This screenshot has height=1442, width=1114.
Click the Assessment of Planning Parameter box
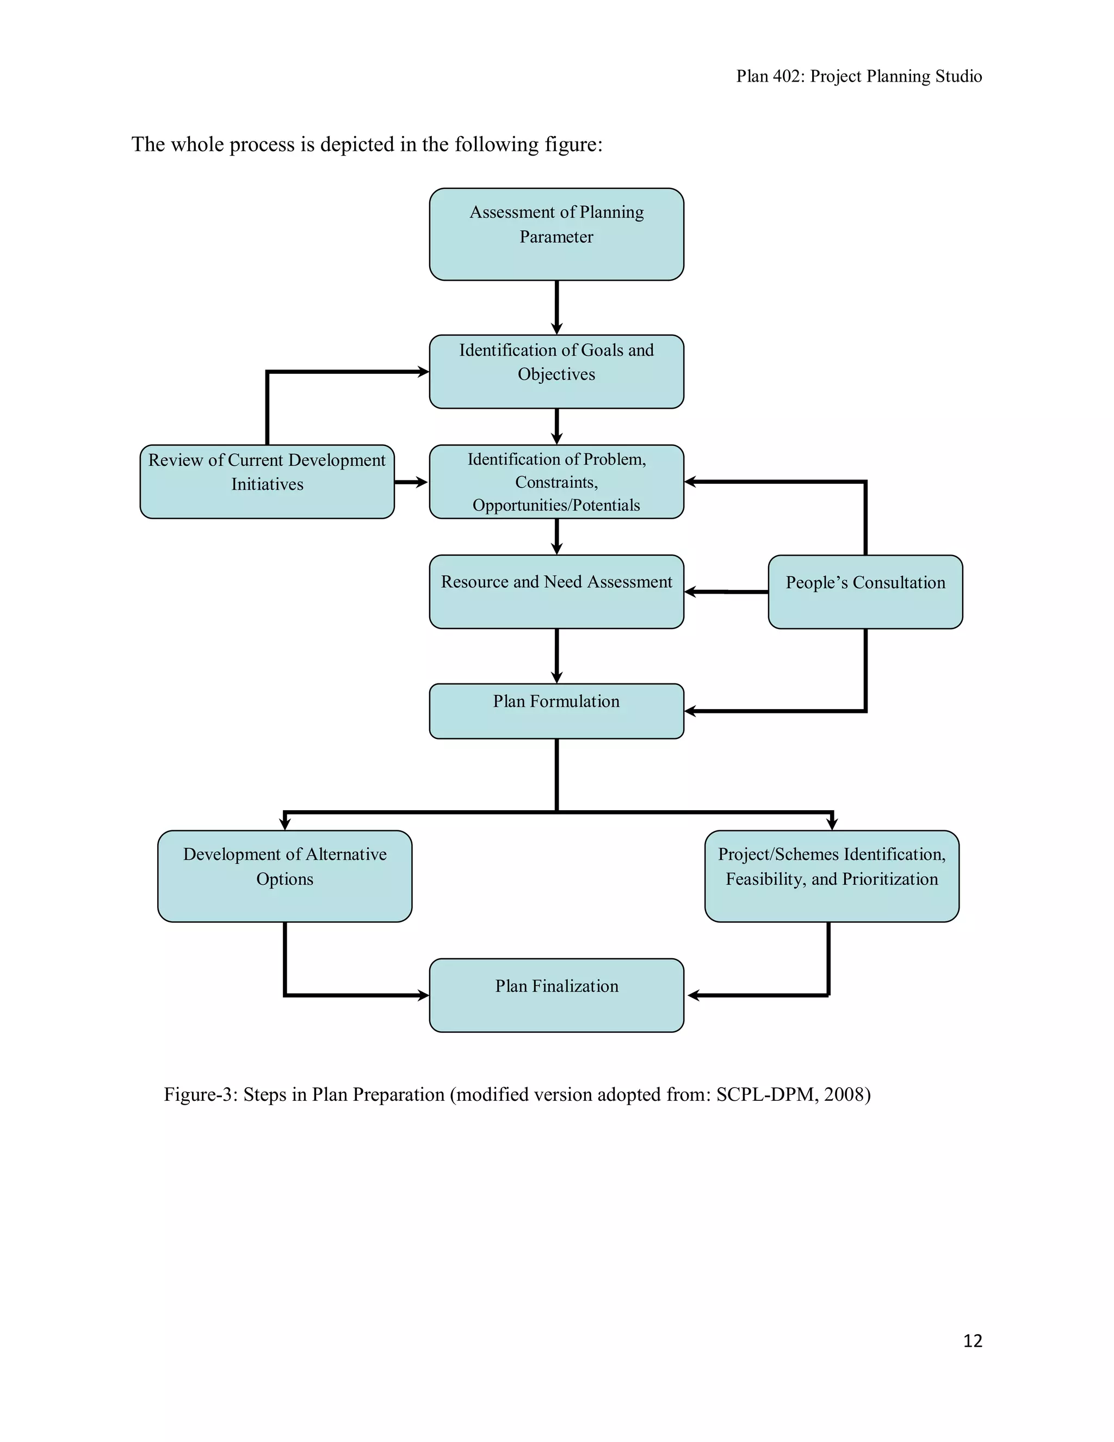(556, 234)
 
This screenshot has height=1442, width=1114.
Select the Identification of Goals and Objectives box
(556, 371)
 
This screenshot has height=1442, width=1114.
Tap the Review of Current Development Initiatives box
(267, 482)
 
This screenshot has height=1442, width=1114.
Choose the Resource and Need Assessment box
(556, 591)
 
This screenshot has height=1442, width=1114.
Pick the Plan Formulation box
(556, 711)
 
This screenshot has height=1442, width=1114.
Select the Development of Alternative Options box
(284, 876)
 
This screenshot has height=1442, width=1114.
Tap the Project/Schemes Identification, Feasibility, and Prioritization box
(831, 876)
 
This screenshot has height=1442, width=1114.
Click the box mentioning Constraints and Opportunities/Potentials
(556, 482)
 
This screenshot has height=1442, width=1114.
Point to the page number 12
(972, 1340)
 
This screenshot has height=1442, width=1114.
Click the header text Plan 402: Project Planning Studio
(858, 77)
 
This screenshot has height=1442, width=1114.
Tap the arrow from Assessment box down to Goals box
(556, 307)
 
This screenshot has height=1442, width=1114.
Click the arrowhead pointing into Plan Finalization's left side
(423, 995)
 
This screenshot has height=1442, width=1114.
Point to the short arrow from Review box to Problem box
(411, 482)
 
